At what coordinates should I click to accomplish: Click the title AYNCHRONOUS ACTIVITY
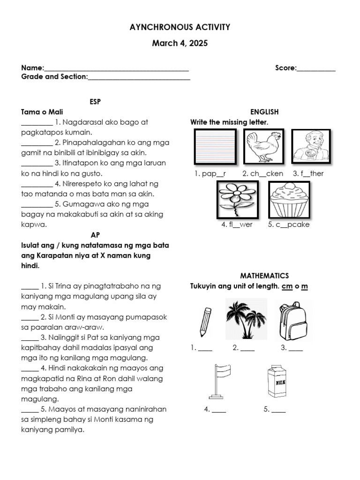coord(180,28)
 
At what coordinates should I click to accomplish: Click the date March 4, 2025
coord(180,44)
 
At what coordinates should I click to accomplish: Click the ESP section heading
coord(95,101)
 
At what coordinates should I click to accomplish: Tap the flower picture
coord(238,199)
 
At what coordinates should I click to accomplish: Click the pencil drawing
coord(205,322)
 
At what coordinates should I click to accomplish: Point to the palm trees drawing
coord(246,320)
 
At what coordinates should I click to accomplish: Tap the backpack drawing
coord(292,321)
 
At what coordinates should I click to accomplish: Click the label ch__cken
coord(262,173)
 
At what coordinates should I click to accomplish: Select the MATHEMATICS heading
coord(264,276)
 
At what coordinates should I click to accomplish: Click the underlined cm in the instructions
coord(286,286)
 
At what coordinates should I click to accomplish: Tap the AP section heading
coord(95,235)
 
